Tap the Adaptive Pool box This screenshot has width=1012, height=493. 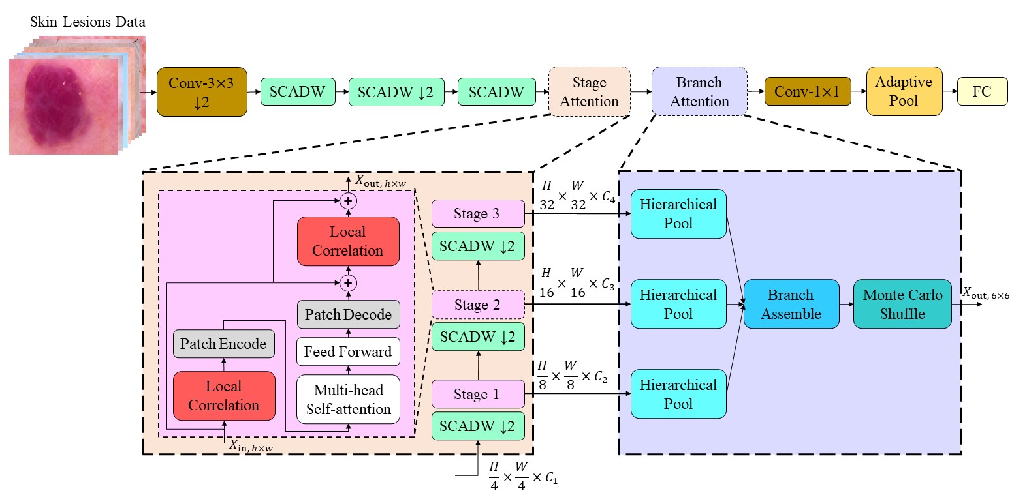(x=904, y=92)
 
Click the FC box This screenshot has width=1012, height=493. (x=981, y=92)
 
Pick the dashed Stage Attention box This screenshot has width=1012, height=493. (x=589, y=92)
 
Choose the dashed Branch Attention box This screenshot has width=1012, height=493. (x=699, y=92)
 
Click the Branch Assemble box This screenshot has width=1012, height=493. (x=791, y=305)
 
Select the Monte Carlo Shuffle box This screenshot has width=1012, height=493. (x=902, y=305)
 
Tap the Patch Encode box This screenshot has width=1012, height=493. (x=223, y=344)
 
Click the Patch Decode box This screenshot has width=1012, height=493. (x=349, y=314)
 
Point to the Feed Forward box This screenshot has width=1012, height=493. (x=349, y=351)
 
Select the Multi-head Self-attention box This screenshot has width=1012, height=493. (x=349, y=400)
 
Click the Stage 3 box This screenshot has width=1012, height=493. (x=478, y=214)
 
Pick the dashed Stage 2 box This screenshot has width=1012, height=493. (x=478, y=305)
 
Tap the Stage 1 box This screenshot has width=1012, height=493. (x=478, y=395)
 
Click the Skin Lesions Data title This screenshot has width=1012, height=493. (x=87, y=22)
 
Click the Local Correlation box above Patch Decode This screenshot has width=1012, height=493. (x=348, y=241)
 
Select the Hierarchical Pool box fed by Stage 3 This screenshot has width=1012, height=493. (x=678, y=214)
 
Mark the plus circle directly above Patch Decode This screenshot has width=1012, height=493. (x=349, y=282)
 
